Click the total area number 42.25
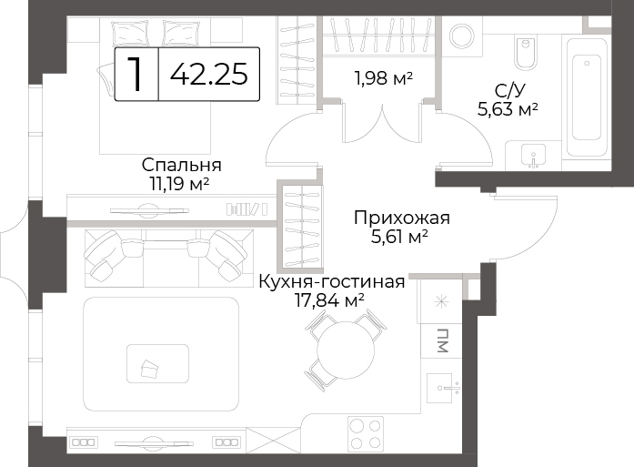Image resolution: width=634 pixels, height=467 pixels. click(208, 75)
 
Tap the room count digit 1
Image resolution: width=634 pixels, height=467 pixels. click(136, 74)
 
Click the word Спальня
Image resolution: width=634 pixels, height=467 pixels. click(182, 165)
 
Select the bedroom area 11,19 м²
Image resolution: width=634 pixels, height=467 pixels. click(179, 184)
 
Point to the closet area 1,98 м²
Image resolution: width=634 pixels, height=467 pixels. click(383, 78)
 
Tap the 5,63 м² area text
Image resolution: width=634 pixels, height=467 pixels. click(508, 109)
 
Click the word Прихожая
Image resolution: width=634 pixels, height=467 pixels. click(402, 218)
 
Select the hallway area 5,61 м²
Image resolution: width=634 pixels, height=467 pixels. click(399, 237)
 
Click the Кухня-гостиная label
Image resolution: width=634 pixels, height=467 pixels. click(332, 281)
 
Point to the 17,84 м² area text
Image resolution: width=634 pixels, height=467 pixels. click(329, 300)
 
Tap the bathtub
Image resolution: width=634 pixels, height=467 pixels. click(587, 97)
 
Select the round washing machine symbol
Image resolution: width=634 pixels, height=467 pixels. click(462, 36)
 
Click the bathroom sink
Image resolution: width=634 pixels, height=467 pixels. click(534, 156)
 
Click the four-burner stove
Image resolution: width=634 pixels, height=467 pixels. click(366, 434)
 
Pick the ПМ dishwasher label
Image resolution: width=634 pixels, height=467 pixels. click(443, 340)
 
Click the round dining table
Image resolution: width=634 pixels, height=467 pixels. click(345, 350)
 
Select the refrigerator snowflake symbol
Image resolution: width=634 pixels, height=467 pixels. click(441, 301)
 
